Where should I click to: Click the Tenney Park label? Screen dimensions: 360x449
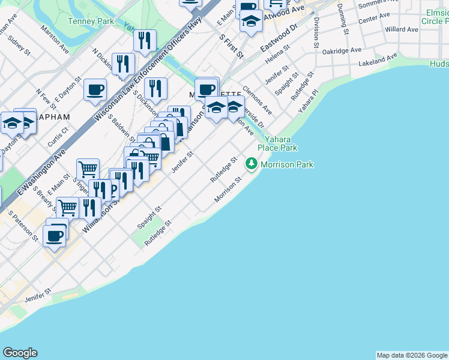(91, 21)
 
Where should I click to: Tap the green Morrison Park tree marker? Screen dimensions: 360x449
(252, 164)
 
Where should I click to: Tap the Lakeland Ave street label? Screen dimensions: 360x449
(378, 59)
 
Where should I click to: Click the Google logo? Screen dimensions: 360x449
(20, 353)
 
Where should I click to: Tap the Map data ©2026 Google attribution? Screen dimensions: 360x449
(412, 355)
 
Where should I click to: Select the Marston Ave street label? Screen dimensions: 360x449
(63, 40)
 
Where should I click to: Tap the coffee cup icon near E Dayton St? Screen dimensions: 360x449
(95, 90)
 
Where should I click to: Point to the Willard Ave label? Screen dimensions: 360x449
(402, 29)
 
